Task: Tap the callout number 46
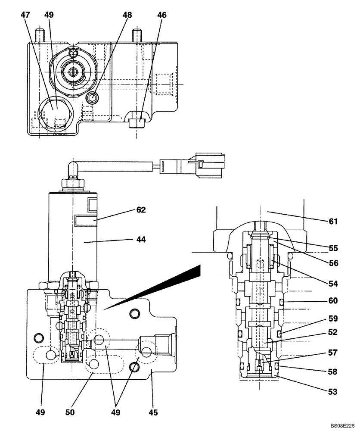pyautogui.click(x=161, y=15)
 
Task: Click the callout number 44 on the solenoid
pyautogui.click(x=140, y=240)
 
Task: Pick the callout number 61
pyautogui.click(x=333, y=222)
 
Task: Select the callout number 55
pyautogui.click(x=333, y=248)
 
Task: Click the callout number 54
pyautogui.click(x=333, y=284)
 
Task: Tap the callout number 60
pyautogui.click(x=333, y=301)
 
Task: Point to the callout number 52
pyautogui.click(x=333, y=332)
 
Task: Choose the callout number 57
pyautogui.click(x=333, y=352)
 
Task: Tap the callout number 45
pyautogui.click(x=153, y=412)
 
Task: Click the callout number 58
pyautogui.click(x=333, y=372)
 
